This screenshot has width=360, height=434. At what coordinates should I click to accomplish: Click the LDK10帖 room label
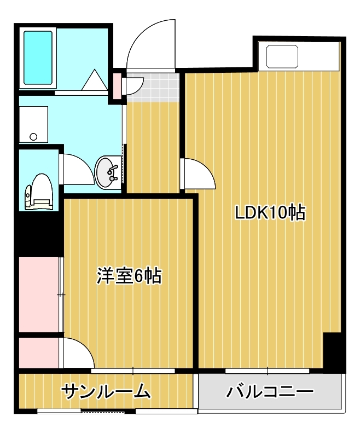[270, 212]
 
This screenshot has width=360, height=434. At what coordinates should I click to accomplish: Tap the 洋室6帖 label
[129, 275]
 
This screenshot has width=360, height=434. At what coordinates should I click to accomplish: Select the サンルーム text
[106, 391]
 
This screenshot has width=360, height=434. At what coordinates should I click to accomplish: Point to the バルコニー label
[270, 391]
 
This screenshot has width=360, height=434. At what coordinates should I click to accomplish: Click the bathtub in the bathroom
[38, 57]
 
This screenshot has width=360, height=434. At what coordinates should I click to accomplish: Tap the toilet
[39, 192]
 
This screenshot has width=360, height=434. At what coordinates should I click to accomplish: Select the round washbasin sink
[108, 172]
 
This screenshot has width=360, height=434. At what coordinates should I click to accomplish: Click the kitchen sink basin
[282, 57]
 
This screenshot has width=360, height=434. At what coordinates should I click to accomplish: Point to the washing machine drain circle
[33, 136]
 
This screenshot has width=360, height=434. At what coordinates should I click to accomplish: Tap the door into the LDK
[198, 174]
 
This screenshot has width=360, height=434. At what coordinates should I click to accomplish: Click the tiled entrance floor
[152, 87]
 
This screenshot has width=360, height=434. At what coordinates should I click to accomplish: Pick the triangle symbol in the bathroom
[95, 80]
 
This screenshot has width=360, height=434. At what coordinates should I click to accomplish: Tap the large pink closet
[39, 294]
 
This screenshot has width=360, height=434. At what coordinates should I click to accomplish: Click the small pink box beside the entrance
[118, 86]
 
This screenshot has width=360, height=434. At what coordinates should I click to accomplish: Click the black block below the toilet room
[39, 234]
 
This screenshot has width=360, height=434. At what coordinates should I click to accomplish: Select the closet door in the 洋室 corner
[79, 353]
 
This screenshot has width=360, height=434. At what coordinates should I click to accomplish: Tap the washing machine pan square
[33, 124]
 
